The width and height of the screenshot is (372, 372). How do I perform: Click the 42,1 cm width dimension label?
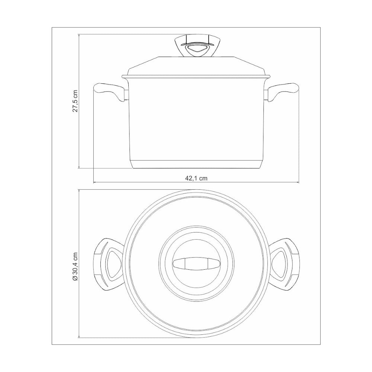[196, 178]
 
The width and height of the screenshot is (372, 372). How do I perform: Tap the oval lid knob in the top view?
[196, 264]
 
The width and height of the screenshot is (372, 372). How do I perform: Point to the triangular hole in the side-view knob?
[196, 49]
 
